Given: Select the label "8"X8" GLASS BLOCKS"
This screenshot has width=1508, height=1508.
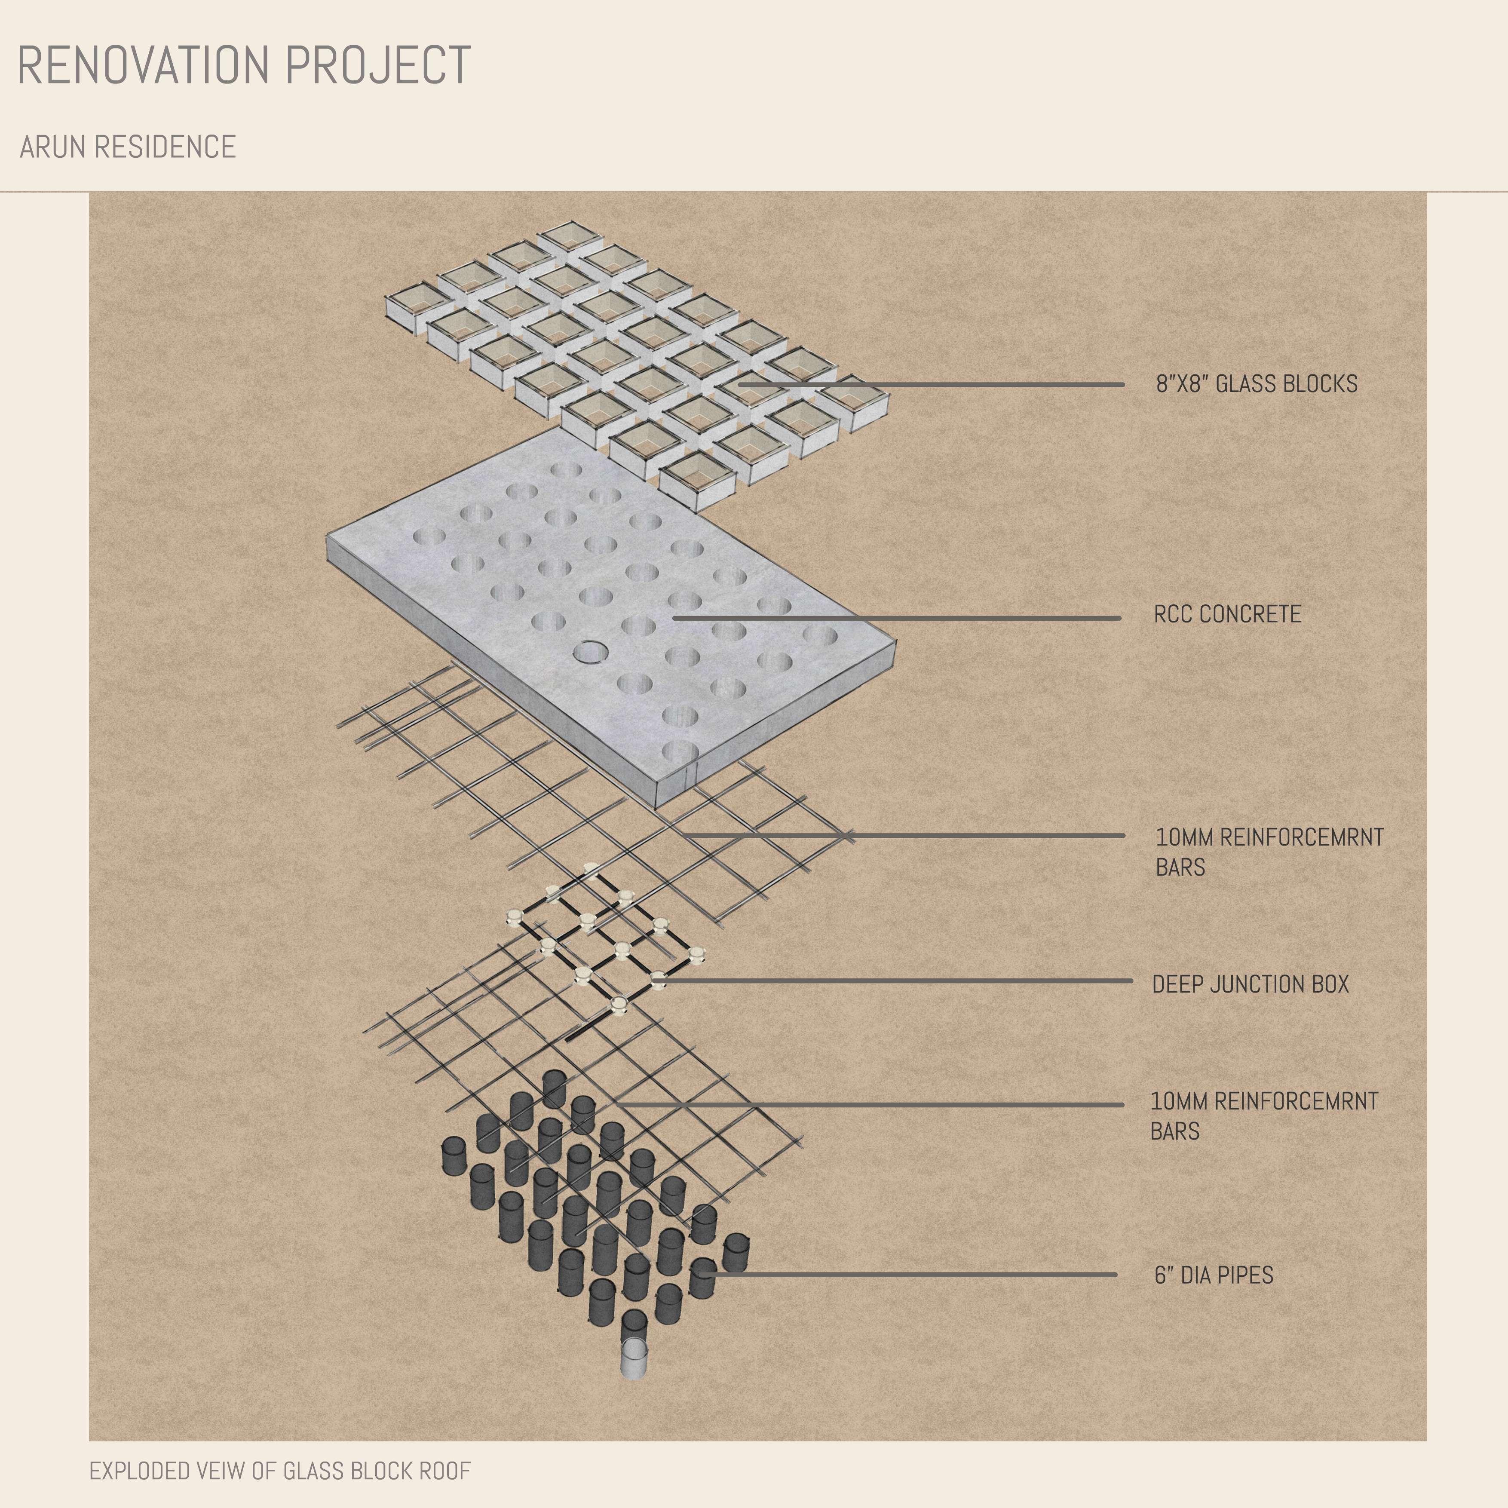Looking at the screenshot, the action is pos(1257,384).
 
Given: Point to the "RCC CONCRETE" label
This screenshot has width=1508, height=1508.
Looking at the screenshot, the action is pos(1227,614).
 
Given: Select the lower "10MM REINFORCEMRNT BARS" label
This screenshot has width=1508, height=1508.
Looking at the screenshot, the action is pos(1264,1116).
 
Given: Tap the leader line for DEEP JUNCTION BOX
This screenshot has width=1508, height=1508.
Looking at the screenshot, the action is pos(898,981).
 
